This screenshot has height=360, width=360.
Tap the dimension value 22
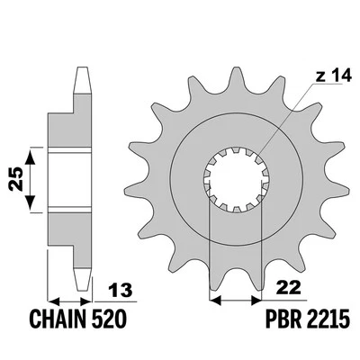(287, 288)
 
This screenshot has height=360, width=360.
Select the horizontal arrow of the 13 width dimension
(70, 301)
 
